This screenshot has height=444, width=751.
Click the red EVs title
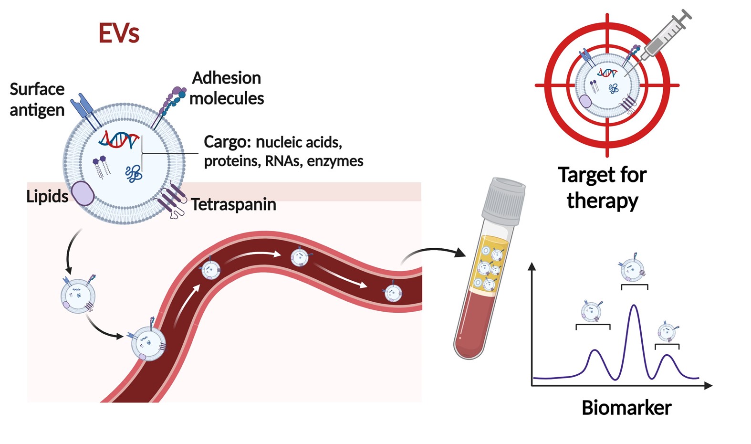119,33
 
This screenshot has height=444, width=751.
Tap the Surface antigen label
37,99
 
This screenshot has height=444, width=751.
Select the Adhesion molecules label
227,88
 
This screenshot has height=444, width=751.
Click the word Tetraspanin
234,204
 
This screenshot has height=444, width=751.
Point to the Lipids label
47,196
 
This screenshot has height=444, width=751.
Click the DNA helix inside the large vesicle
119,140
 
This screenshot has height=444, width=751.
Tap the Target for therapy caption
602,188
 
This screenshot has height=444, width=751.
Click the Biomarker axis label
626,408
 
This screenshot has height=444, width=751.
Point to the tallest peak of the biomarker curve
634,307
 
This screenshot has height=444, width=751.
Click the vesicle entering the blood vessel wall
148,343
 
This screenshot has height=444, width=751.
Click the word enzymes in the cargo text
335,161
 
